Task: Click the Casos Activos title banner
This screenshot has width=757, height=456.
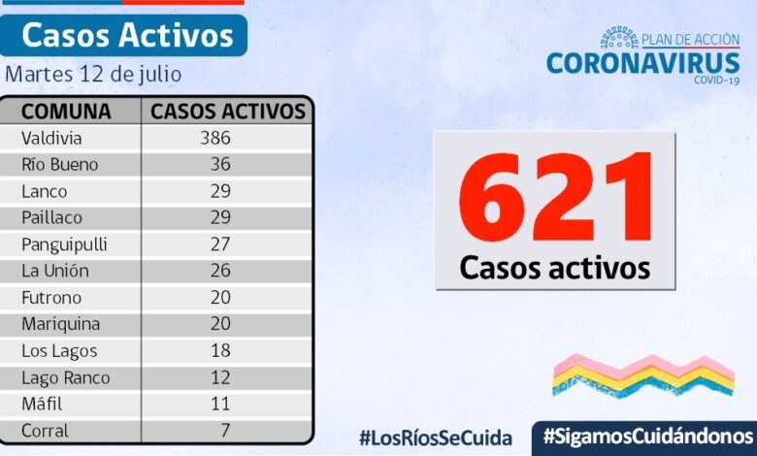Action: (127, 36)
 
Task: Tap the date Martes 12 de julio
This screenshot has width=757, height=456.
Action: (93, 75)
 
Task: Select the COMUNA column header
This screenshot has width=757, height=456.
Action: (66, 111)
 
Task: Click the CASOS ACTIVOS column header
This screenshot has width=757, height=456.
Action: (228, 111)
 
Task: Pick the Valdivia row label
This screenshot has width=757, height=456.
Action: (51, 138)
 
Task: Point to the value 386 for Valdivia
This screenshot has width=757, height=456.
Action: (214, 138)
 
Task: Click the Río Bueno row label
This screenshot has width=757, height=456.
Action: (60, 164)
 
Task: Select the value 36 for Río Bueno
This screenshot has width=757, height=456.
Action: (220, 164)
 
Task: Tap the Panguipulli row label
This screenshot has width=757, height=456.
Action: (64, 244)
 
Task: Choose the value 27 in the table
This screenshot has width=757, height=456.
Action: (220, 244)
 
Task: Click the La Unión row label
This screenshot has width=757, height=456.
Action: (55, 271)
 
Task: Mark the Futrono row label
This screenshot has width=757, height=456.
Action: (51, 297)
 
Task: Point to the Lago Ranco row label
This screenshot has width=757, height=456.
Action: (66, 377)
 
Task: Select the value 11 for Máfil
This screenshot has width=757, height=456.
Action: (220, 404)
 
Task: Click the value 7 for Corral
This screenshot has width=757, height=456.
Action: (224, 430)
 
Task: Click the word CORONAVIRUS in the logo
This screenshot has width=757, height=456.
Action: (642, 63)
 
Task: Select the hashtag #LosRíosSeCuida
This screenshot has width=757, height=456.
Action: (435, 438)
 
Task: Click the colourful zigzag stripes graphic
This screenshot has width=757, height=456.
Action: (642, 375)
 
